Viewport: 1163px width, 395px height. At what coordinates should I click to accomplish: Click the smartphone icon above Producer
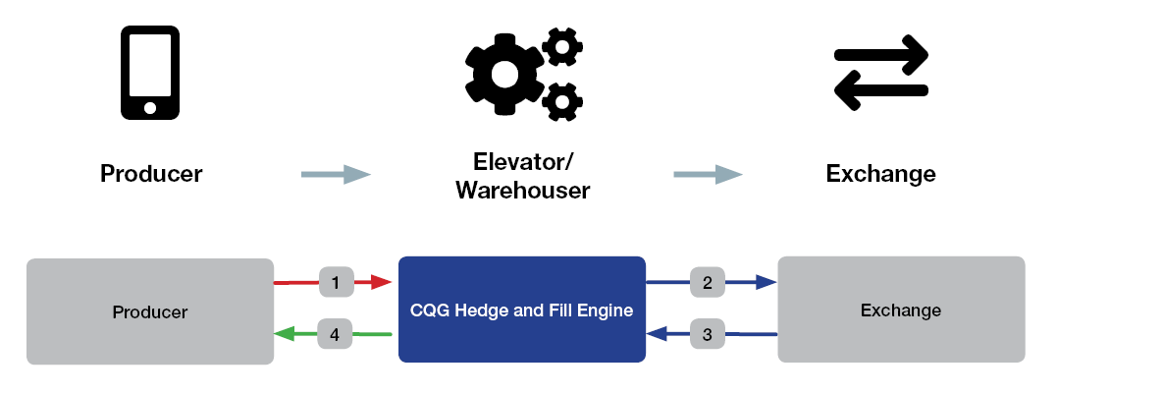[x=150, y=72]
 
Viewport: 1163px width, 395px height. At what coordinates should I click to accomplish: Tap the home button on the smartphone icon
[x=150, y=106]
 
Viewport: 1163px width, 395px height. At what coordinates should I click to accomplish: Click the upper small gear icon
[x=561, y=46]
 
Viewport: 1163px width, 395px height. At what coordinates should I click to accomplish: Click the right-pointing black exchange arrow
[x=882, y=54]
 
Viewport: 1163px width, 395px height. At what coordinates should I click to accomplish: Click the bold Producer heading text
[x=151, y=175]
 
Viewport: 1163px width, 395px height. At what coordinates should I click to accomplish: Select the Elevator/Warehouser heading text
[x=522, y=176]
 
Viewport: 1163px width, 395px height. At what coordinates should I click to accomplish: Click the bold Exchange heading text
[x=880, y=175]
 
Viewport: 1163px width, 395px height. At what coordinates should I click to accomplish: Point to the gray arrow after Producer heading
[x=336, y=175]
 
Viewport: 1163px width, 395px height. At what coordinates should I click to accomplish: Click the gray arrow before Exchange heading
[x=708, y=175]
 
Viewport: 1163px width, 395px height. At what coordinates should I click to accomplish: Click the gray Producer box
[x=149, y=311]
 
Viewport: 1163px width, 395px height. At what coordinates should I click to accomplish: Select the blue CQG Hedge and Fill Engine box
[x=521, y=310]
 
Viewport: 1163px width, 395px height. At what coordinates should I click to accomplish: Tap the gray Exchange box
[x=900, y=310]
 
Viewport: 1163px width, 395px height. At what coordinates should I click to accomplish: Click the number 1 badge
[x=336, y=283]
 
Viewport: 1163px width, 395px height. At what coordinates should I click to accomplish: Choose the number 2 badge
[x=708, y=283]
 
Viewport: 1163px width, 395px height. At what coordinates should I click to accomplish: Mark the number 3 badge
[x=708, y=335]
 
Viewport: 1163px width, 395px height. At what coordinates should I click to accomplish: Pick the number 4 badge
[x=335, y=335]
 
